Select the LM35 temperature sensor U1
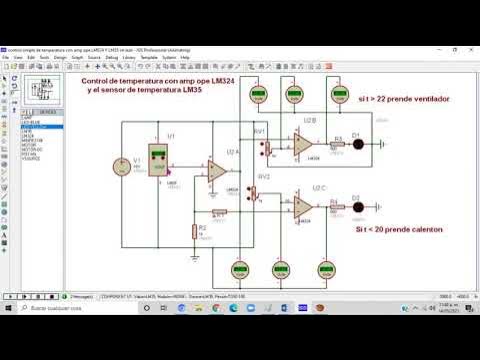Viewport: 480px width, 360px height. [158, 162]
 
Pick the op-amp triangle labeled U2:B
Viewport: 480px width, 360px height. [301, 146]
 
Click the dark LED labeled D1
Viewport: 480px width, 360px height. [357, 144]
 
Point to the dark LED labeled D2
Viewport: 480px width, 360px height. [357, 206]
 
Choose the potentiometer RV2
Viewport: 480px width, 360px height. [263, 190]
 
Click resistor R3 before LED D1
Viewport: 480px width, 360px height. [337, 144]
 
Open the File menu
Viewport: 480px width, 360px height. [6, 57]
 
